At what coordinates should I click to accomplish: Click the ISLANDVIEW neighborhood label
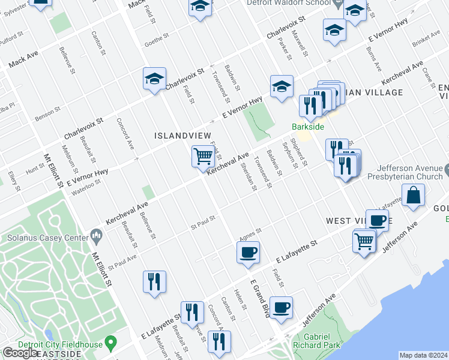pos(178,136)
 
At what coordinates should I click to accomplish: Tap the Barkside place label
pos(308,127)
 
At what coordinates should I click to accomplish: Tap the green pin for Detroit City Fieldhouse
pos(110,343)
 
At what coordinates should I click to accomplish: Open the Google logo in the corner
pos(20,353)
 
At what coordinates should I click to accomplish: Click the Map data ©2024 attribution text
pos(423,355)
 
